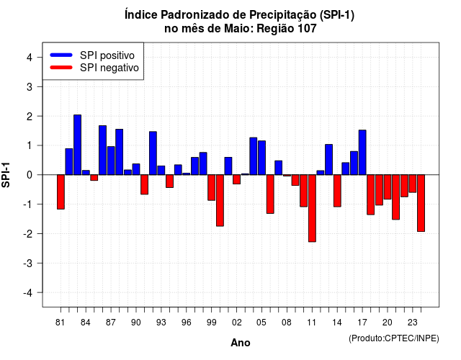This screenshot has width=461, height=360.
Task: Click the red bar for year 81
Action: click(x=61, y=192)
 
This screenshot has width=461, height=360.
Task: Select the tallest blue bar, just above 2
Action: click(x=77, y=145)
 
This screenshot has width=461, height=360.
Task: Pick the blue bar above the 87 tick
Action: click(x=111, y=161)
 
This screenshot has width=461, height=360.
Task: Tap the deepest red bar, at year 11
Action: click(x=312, y=208)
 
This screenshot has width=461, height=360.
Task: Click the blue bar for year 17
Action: click(x=362, y=153)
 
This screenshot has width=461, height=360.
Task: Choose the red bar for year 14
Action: click(x=337, y=191)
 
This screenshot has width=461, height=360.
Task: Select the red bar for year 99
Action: click(x=211, y=187)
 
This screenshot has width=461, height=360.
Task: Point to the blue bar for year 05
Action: click(x=261, y=158)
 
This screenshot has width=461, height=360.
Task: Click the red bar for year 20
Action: click(x=388, y=187)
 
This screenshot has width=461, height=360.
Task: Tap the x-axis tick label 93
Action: click(x=161, y=323)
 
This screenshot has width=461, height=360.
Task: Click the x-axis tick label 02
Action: click(x=237, y=323)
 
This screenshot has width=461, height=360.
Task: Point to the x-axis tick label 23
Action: click(x=413, y=323)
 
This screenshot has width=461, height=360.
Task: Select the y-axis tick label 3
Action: click(x=30, y=86)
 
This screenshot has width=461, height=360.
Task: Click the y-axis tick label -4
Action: click(x=28, y=293)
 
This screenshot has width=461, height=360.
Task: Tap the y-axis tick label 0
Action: click(x=30, y=175)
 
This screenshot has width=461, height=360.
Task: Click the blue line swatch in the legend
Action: click(x=61, y=55)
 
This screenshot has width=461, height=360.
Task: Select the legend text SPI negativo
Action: click(x=109, y=68)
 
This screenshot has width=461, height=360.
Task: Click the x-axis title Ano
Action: click(x=241, y=343)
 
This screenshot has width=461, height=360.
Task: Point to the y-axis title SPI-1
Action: click(x=6, y=175)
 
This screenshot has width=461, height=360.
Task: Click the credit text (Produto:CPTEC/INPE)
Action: click(x=394, y=338)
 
